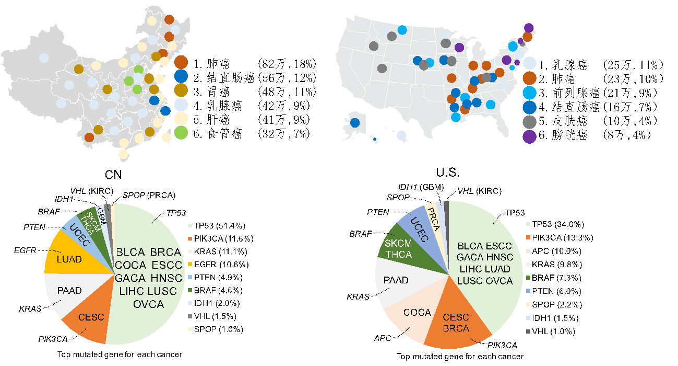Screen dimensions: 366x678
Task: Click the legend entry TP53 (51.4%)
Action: [x=215, y=225]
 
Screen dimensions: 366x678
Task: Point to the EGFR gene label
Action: [x=26, y=251]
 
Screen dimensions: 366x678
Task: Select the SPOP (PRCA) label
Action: [x=148, y=196]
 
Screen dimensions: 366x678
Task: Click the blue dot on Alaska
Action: [x=355, y=123]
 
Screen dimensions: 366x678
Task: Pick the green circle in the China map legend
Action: [x=181, y=133]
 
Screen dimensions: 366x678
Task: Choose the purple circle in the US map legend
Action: [x=529, y=137]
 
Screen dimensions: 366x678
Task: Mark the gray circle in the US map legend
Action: [x=529, y=122]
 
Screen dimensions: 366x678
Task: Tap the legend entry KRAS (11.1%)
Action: [x=215, y=251]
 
